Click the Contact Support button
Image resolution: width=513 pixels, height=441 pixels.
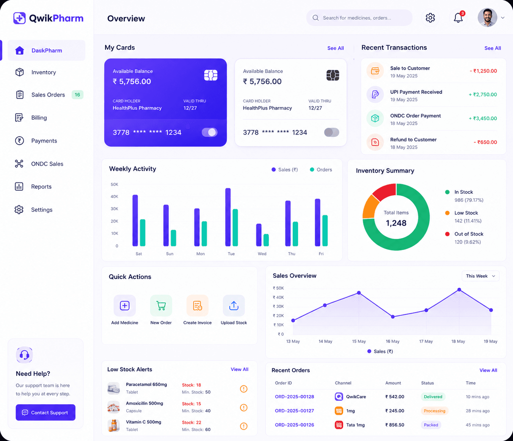point(45,412)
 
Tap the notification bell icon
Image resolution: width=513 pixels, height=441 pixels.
point(458,18)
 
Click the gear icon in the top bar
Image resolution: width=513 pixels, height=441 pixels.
point(430,18)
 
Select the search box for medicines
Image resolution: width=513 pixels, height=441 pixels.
point(359,18)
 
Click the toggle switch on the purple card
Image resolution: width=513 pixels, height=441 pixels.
point(209,132)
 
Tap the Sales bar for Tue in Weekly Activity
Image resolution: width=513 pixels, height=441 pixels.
point(228,217)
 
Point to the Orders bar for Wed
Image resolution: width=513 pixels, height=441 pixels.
point(266,240)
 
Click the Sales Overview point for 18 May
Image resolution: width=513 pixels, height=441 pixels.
point(459,290)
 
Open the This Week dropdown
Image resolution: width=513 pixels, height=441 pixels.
point(480,276)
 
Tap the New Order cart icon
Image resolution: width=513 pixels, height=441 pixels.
point(161,306)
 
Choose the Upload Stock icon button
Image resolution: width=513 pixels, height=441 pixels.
point(234,306)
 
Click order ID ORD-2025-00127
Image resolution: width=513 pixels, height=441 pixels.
point(294,411)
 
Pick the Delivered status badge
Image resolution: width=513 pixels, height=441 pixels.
point(433,397)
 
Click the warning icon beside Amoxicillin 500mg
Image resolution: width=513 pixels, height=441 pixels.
point(244,407)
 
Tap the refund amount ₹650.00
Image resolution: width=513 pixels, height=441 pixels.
point(485,142)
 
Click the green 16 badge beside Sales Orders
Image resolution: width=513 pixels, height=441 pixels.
point(77,95)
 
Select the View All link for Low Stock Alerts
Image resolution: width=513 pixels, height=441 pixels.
point(240,369)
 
